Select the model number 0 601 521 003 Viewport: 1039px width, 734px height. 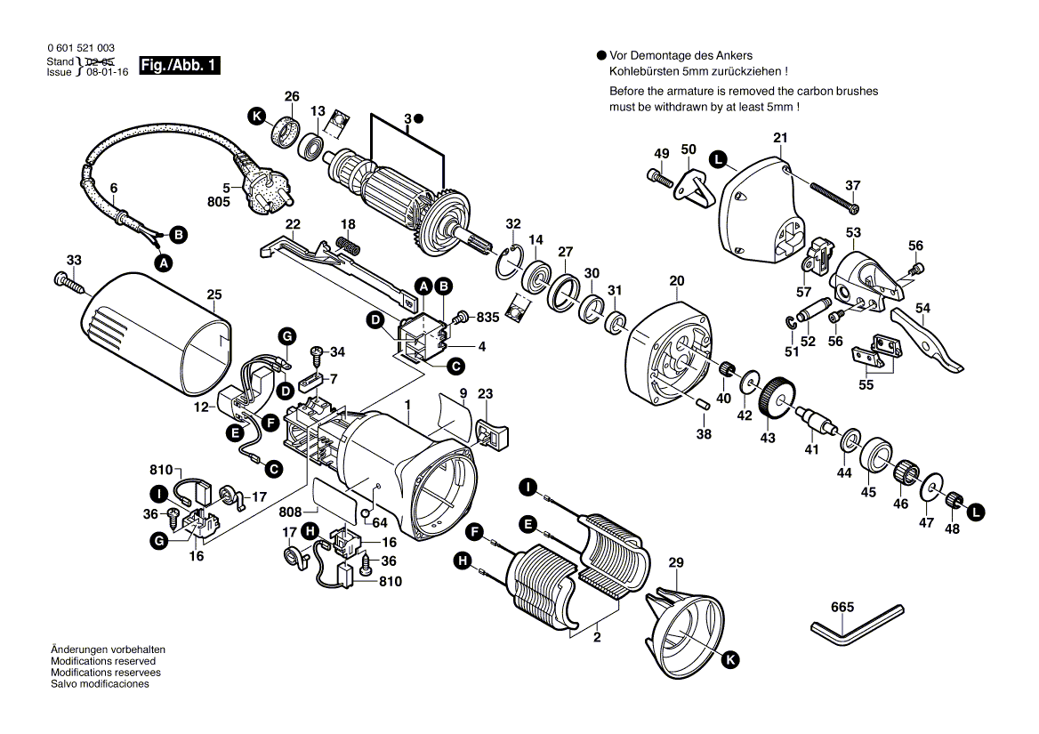[x=79, y=48]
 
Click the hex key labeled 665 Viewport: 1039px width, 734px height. [x=856, y=624]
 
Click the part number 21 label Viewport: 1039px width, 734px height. [x=780, y=138]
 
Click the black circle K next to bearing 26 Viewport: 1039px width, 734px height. [x=257, y=117]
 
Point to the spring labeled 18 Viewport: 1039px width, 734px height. [x=349, y=246]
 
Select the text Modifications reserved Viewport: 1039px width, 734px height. [x=103, y=662]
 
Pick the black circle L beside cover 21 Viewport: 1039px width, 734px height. [x=717, y=160]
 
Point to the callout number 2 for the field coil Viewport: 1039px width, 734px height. [x=596, y=637]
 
